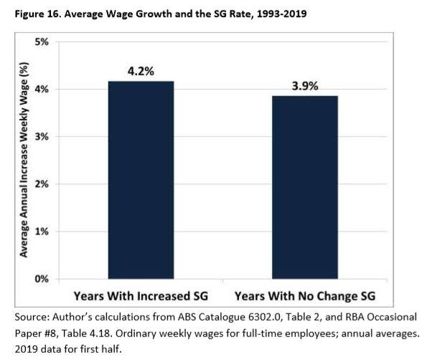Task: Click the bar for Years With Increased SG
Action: (x=141, y=179)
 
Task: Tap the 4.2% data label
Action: (x=141, y=71)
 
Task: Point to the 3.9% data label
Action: (x=306, y=86)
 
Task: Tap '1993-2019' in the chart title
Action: (x=281, y=13)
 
